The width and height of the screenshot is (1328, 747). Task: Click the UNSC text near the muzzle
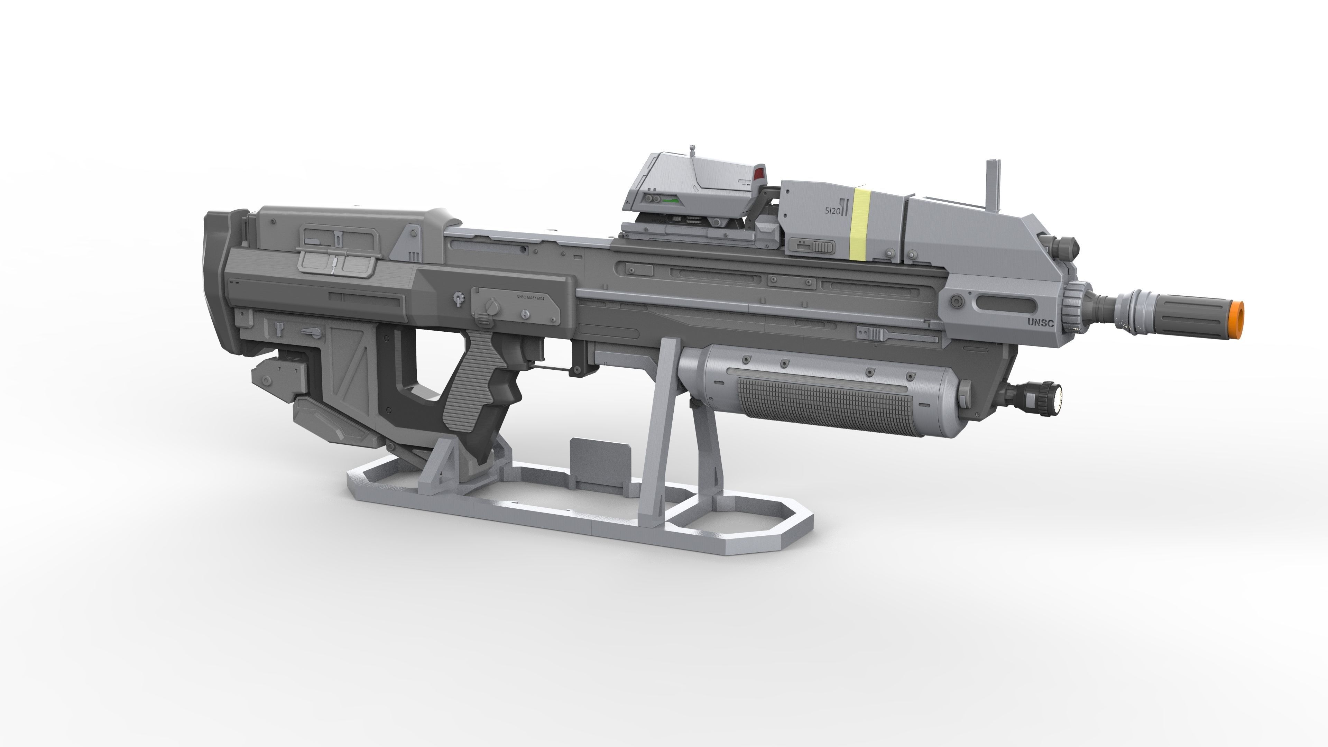(x=1040, y=323)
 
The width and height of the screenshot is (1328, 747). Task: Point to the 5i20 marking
(x=832, y=211)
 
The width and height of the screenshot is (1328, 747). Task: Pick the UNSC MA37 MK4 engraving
(x=534, y=296)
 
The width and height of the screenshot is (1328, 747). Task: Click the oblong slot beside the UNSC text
(x=1005, y=305)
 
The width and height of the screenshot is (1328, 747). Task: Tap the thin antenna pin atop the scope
(x=692, y=151)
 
